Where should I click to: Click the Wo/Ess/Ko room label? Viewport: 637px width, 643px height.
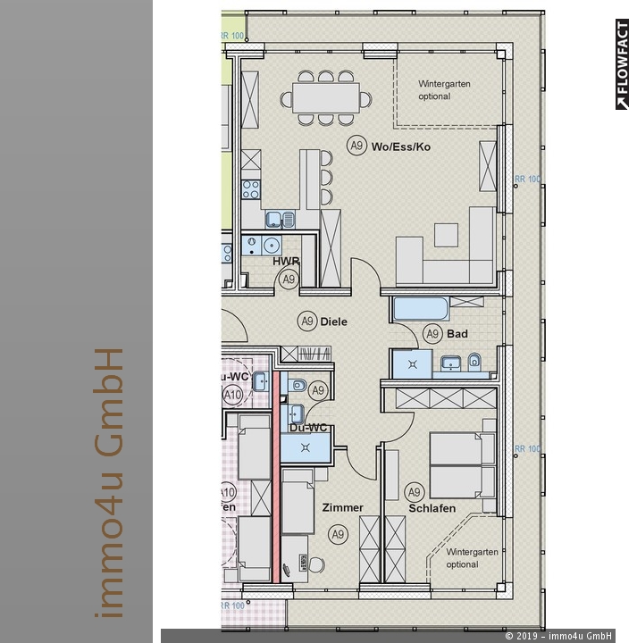(x=401, y=146)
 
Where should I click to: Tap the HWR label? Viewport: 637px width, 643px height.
(x=286, y=262)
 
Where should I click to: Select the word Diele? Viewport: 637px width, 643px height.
(x=334, y=321)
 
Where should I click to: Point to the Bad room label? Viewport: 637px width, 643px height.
(x=458, y=334)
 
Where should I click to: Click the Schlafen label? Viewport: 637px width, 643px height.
(x=432, y=508)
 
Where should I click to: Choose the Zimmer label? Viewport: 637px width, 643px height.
(x=343, y=507)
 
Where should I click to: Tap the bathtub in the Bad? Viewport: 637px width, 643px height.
(x=420, y=310)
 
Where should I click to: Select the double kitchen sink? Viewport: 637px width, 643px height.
(x=280, y=218)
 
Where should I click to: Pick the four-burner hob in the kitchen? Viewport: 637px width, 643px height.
(x=251, y=189)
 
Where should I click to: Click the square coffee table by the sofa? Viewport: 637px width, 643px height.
(x=444, y=234)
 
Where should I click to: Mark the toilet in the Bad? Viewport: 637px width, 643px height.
(x=476, y=362)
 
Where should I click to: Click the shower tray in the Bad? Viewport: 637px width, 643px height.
(x=412, y=363)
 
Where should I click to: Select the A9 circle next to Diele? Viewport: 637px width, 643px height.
(x=307, y=321)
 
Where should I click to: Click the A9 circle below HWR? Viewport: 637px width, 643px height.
(x=288, y=280)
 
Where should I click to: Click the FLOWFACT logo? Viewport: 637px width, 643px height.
(x=622, y=64)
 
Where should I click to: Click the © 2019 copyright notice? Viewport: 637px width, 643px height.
(x=558, y=636)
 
